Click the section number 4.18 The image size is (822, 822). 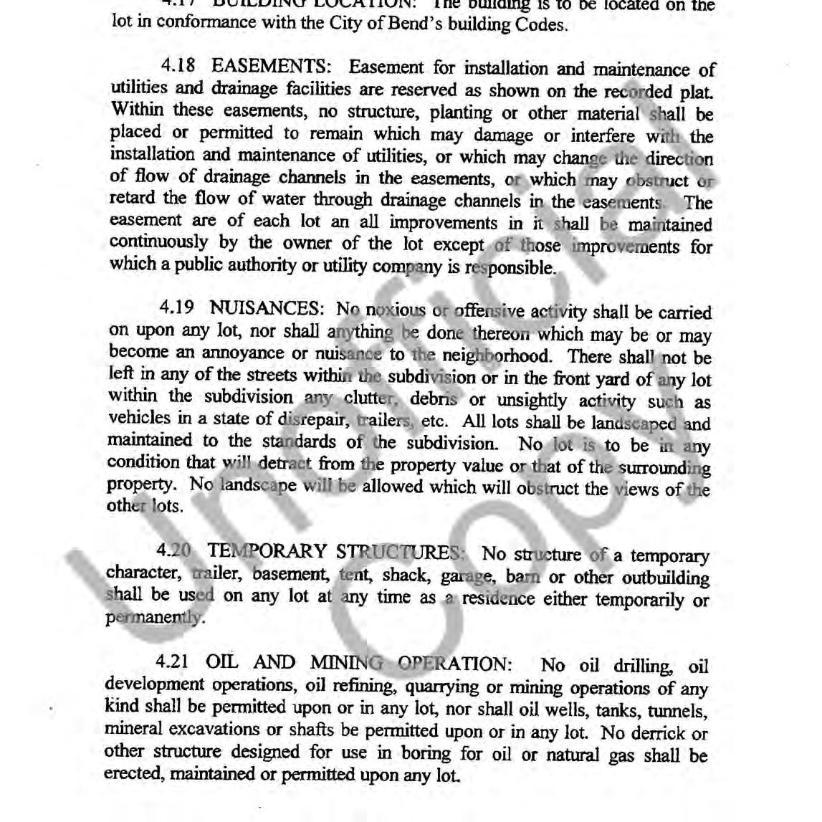coord(178,67)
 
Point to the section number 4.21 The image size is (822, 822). coord(171,662)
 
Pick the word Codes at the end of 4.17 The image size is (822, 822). coord(545,26)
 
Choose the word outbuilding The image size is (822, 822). coord(666,578)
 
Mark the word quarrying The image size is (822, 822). coord(442,686)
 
